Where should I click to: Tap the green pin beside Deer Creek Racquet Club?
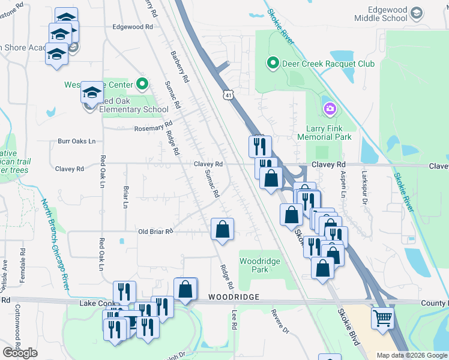coord(273,63)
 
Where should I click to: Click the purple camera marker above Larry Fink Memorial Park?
coord(329,109)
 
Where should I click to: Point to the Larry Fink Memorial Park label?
coord(324,133)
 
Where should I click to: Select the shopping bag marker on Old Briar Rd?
coord(222,229)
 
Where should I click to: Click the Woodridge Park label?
coord(262,265)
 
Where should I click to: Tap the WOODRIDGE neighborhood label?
coord(234,297)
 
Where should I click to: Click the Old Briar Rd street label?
coord(155,231)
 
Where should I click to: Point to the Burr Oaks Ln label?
coord(76,142)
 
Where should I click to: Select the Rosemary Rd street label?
coord(153,127)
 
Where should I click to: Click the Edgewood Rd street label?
coord(133,27)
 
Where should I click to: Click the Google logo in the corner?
coord(20,353)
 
